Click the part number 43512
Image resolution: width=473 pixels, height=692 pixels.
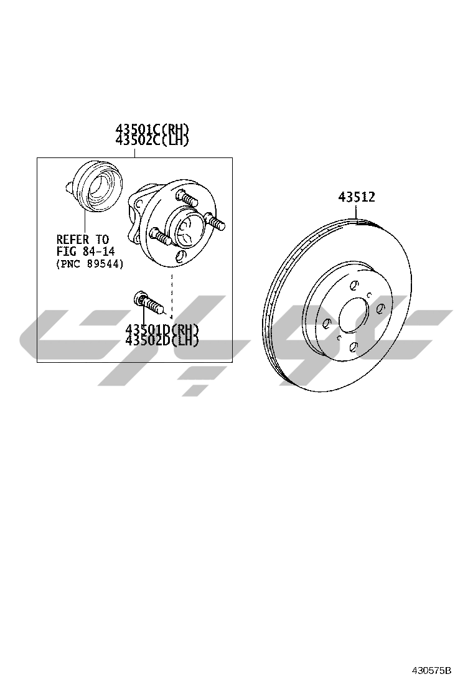coord(357,197)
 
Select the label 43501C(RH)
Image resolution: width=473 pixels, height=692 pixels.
coord(152,129)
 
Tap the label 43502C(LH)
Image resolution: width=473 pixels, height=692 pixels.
coord(152,140)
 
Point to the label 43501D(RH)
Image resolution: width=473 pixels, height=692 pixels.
coord(162,329)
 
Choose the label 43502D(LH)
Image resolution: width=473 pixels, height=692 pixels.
coord(162,340)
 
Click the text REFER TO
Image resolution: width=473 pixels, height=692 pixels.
coord(82,240)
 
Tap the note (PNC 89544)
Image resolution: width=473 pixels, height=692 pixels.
coord(90,264)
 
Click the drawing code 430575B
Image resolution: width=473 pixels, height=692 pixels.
coord(431,671)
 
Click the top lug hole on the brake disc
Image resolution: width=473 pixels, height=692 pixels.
coord(354,286)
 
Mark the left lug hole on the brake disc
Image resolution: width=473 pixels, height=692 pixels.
coord(326,322)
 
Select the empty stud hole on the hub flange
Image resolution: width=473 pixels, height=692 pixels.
coord(180,256)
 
